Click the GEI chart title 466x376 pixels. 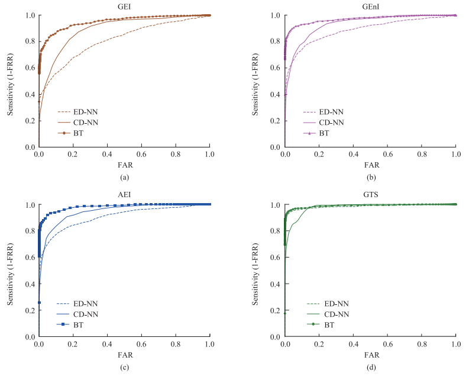[124, 6]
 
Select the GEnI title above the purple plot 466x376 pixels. [370, 6]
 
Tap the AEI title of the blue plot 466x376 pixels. [124, 195]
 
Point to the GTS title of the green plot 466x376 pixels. [370, 195]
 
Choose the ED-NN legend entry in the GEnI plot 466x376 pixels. [331, 111]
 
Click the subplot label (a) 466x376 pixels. [124, 177]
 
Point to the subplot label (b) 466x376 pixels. [370, 177]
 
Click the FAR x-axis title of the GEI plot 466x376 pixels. [124, 165]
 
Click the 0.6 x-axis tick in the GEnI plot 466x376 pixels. [387, 154]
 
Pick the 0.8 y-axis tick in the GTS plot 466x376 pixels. [275, 232]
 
